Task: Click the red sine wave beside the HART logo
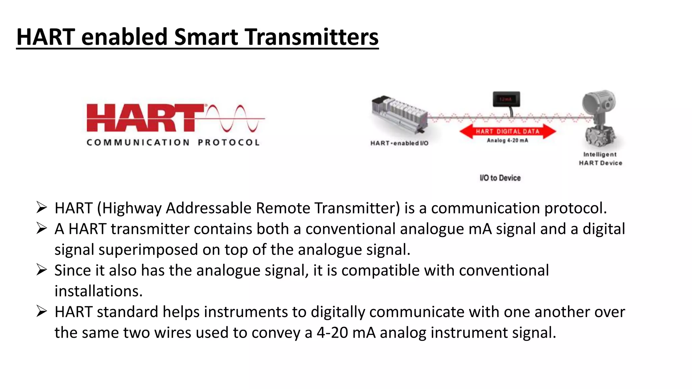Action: (x=235, y=118)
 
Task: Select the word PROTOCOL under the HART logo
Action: (x=229, y=142)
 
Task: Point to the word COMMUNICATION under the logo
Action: (x=138, y=142)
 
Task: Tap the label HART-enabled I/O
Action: (x=399, y=143)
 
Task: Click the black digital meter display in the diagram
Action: (x=506, y=99)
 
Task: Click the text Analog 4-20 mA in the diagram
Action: (x=507, y=140)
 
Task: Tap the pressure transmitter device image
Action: (x=600, y=118)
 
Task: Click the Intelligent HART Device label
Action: (x=600, y=159)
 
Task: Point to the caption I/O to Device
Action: (x=500, y=178)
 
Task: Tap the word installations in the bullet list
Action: (x=98, y=291)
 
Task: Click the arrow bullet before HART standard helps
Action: (x=42, y=311)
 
